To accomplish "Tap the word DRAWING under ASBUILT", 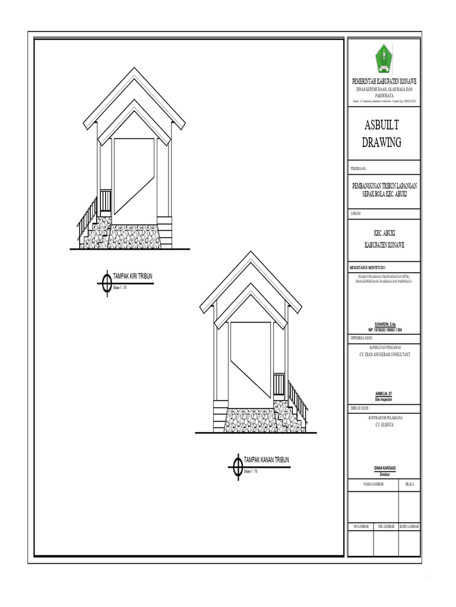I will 382,142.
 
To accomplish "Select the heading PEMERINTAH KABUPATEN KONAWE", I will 384,81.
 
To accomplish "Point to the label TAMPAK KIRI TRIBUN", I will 133,276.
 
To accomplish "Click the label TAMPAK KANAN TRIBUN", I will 267,460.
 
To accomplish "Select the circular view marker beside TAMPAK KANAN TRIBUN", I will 236,466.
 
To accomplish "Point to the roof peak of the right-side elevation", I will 252,253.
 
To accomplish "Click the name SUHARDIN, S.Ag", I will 384,324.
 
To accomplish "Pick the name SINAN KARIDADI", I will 384,468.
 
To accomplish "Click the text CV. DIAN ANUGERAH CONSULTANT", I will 384,354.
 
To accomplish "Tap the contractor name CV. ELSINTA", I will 384,425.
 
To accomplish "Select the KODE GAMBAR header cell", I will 410,526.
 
